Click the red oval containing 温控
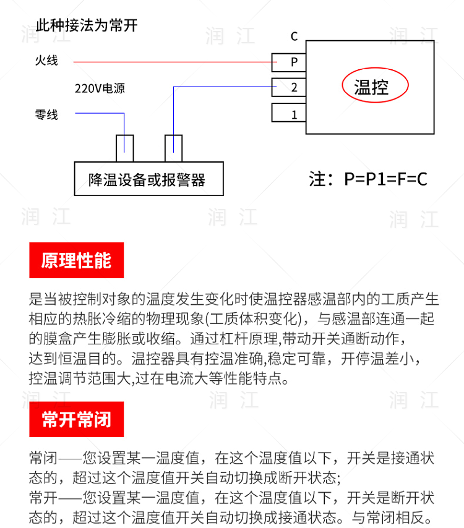pyautogui.click(x=375, y=87)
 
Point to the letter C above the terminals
pyautogui.click(x=294, y=36)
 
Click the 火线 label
pyautogui.click(x=46, y=61)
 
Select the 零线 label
pyautogui.click(x=46, y=114)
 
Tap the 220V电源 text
pyautogui.click(x=100, y=88)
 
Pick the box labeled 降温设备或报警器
pyautogui.click(x=148, y=179)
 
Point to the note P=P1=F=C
pyautogui.click(x=369, y=179)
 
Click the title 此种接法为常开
pyautogui.click(x=87, y=27)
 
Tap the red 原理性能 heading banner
pyautogui.click(x=77, y=260)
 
